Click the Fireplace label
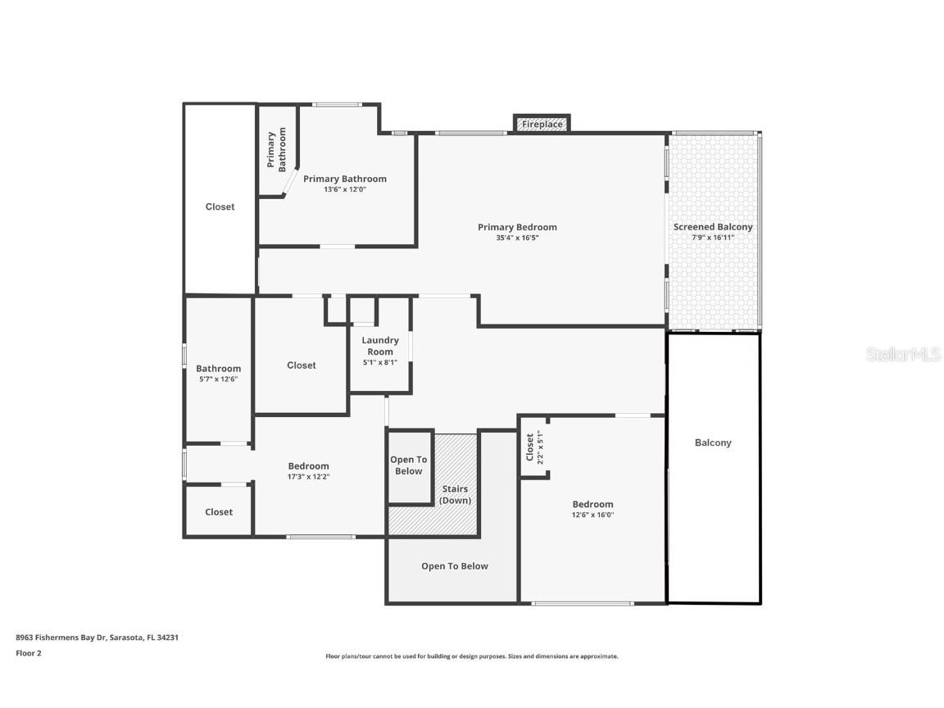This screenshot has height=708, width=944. [x=542, y=125]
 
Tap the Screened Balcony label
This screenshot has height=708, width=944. [x=713, y=227]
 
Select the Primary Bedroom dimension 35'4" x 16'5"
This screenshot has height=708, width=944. [x=517, y=238]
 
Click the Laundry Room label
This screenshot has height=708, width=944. [x=380, y=346]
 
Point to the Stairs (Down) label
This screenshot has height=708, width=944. [x=455, y=495]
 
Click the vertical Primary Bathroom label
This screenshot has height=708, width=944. [x=276, y=149]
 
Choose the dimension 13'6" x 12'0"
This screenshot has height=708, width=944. [x=344, y=189]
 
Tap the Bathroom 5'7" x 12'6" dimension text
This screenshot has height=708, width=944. [x=218, y=379]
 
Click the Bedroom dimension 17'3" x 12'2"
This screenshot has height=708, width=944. [x=308, y=477]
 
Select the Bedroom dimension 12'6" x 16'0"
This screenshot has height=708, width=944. [x=592, y=515]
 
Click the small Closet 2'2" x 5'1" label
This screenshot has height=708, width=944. [x=534, y=447]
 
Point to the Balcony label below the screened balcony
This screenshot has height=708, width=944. [x=713, y=442]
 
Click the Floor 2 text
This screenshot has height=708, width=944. [x=29, y=653]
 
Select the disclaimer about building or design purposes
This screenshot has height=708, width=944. [x=471, y=656]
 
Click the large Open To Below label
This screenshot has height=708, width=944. [x=454, y=566]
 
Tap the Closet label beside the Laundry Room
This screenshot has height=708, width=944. [x=301, y=365]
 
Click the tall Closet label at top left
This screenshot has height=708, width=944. [x=220, y=207]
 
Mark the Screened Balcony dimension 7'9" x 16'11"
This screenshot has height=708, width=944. [x=713, y=238]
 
